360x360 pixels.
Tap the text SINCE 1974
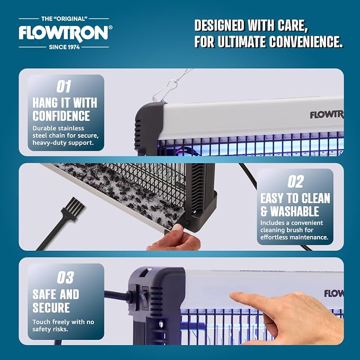pos(64,47)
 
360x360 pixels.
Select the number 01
pos(64,86)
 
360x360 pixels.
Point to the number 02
pos(295,182)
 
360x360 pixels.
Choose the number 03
pos(65,277)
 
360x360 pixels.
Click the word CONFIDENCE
pos(61,116)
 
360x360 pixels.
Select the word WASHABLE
pos(295,211)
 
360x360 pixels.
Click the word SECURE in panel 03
pos(51,308)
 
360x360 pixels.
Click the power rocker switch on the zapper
pos(145,298)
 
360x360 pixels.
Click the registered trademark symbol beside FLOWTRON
pos(110,28)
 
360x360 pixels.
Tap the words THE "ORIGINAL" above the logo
pos(64,19)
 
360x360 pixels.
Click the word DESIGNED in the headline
pos(219,25)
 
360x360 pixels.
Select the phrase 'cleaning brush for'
pos(287,230)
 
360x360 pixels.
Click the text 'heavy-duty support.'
pos(63,143)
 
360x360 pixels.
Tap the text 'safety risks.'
pos(50,329)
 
